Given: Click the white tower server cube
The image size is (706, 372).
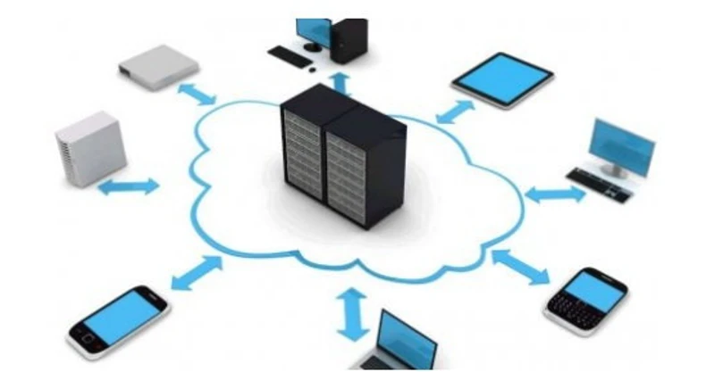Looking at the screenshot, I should [x=90, y=148].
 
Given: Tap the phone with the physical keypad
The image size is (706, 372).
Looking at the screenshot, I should [x=586, y=300].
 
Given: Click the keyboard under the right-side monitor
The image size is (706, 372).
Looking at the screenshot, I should [x=600, y=182].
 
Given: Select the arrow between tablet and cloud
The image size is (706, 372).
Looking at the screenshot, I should [x=455, y=112].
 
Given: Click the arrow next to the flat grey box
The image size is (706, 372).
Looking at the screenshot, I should [x=196, y=95].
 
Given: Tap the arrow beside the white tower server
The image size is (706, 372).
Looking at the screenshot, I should [x=128, y=187].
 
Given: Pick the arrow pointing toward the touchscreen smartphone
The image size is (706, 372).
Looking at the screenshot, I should [x=196, y=273].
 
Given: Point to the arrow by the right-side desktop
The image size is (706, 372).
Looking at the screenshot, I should [x=555, y=194].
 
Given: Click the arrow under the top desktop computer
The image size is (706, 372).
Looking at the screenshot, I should [x=339, y=82].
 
